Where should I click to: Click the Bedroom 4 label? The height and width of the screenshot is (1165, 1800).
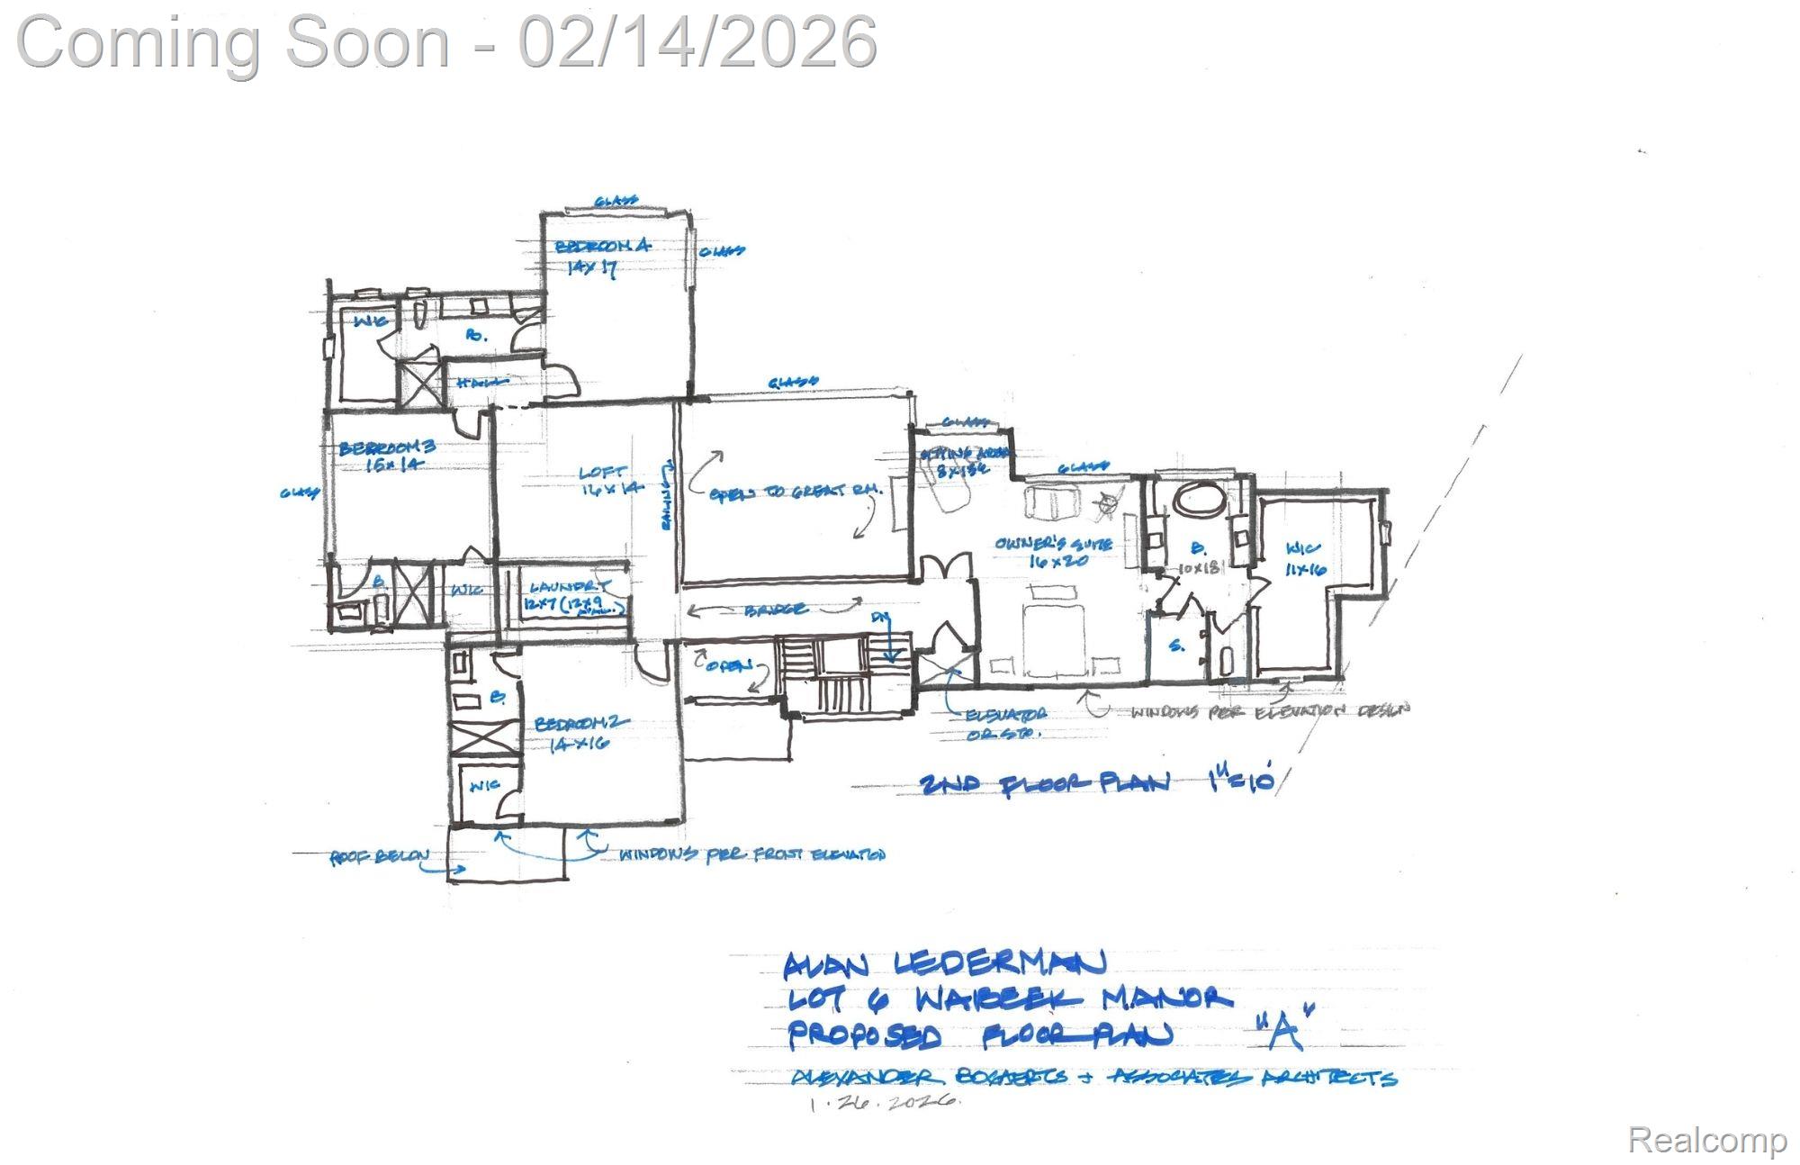click(601, 246)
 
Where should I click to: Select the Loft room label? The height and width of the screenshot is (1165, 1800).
click(602, 472)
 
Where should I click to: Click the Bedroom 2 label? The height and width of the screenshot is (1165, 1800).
click(580, 724)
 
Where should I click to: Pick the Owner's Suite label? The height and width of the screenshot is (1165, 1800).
click(1053, 544)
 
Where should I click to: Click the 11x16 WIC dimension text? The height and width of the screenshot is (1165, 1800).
click(1306, 569)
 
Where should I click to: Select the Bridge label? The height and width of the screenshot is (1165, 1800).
click(775, 610)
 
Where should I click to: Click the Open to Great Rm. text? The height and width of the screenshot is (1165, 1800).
click(792, 493)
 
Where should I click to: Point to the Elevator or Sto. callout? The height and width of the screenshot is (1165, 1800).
click(1004, 723)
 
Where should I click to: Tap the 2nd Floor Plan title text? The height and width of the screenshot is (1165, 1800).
click(1044, 783)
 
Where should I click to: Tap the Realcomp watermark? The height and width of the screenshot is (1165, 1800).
click(1706, 1140)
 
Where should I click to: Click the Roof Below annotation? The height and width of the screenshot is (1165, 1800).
click(379, 857)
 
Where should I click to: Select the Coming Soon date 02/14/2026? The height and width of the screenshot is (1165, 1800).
click(697, 41)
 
